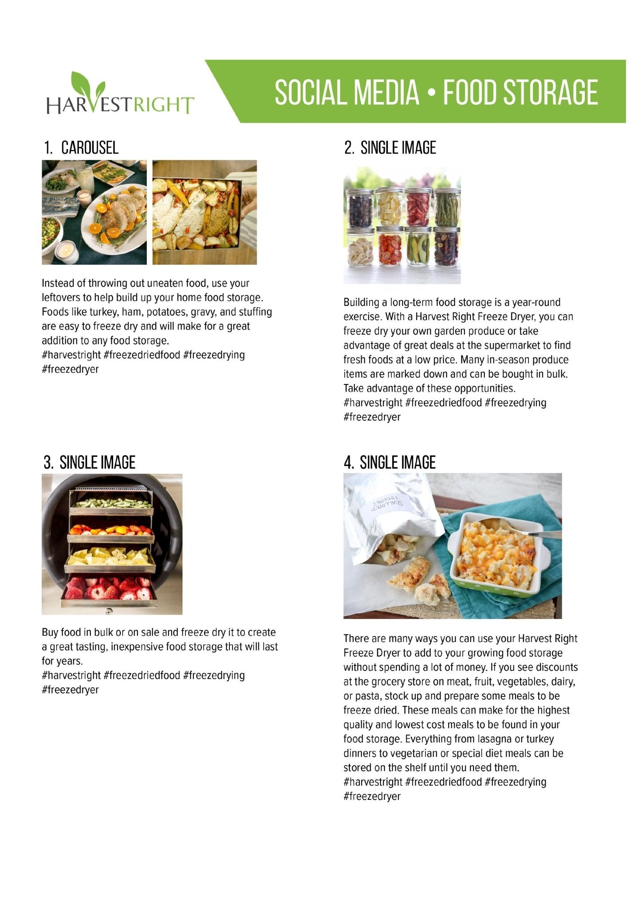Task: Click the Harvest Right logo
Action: pyautogui.click(x=120, y=94)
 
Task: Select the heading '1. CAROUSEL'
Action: pyautogui.click(x=81, y=148)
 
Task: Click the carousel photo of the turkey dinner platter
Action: pyautogui.click(x=94, y=212)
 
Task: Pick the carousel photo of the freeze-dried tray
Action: pyautogui.click(x=205, y=212)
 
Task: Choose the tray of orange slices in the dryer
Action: pyautogui.click(x=111, y=529)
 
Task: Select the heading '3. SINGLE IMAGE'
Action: pyautogui.click(x=89, y=462)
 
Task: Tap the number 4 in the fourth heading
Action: pyautogui.click(x=348, y=463)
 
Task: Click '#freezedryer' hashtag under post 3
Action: pyautogui.click(x=70, y=690)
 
